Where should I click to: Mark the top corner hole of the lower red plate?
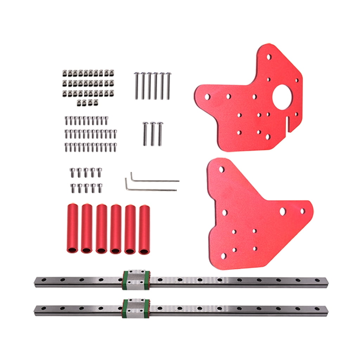pyautogui.click(x=221, y=169)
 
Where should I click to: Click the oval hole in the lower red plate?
pyautogui.click(x=282, y=211)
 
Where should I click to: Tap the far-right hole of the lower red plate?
pyautogui.click(x=302, y=211)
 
